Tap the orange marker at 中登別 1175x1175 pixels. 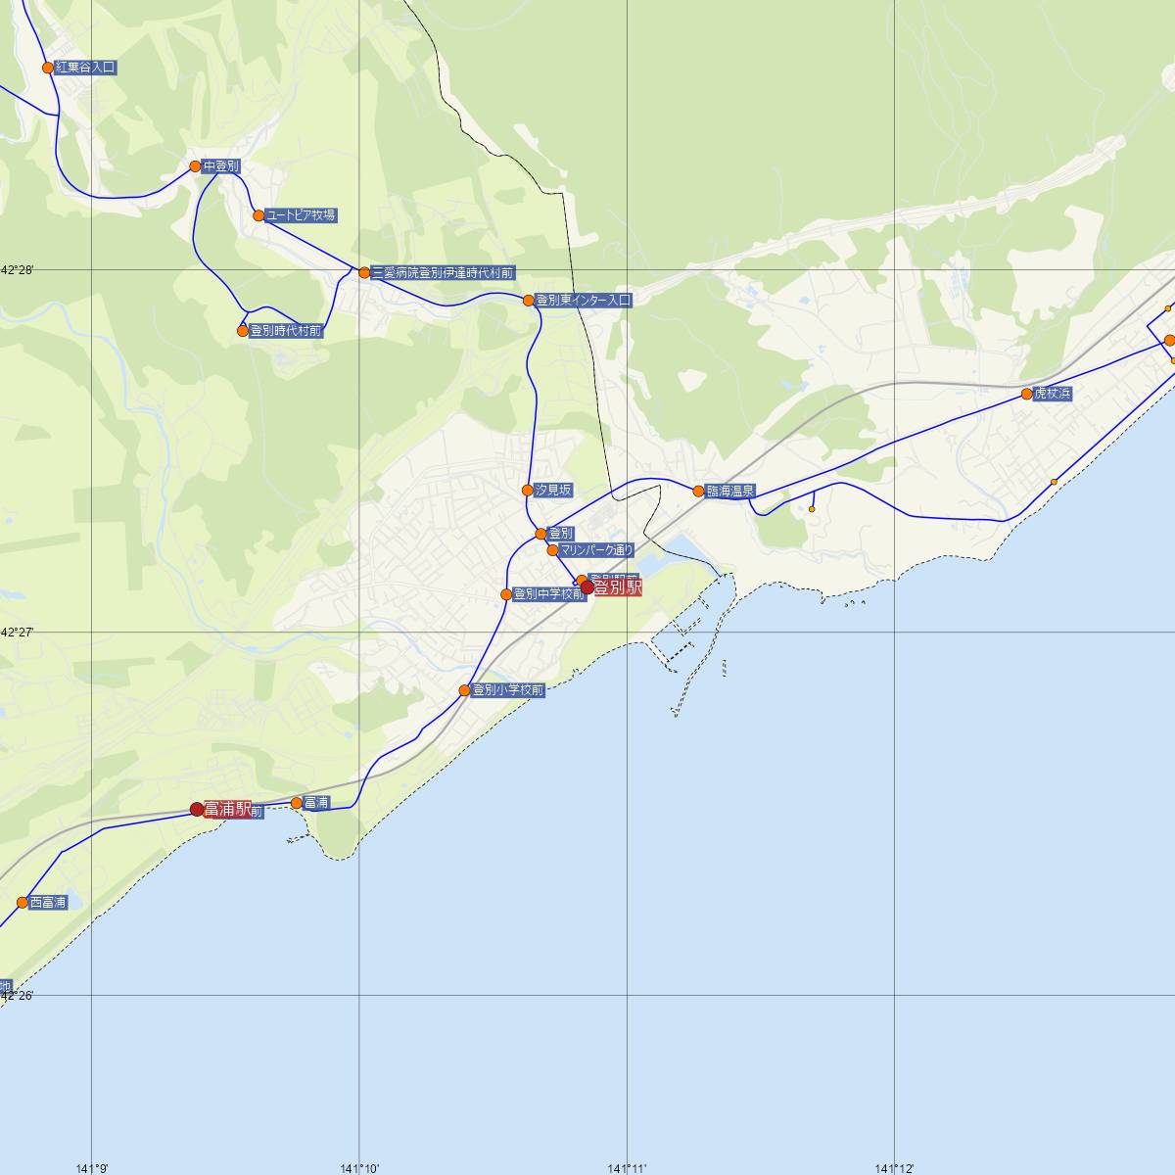(196, 166)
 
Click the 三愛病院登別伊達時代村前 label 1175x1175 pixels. (443, 272)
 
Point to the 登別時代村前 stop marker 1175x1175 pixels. (243, 331)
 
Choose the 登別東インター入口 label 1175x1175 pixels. (584, 301)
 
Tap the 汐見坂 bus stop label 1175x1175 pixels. (553, 490)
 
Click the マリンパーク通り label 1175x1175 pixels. (597, 550)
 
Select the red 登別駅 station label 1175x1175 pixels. (618, 587)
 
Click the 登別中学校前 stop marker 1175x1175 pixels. (506, 594)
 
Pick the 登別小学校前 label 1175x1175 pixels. (507, 690)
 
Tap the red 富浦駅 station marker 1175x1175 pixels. (197, 809)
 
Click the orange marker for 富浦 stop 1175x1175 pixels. (297, 803)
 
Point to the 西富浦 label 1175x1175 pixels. (48, 903)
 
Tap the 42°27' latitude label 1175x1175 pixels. (17, 633)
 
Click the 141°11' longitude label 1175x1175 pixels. (627, 1167)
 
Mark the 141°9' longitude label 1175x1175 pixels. (92, 1167)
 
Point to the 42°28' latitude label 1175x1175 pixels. (17, 269)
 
